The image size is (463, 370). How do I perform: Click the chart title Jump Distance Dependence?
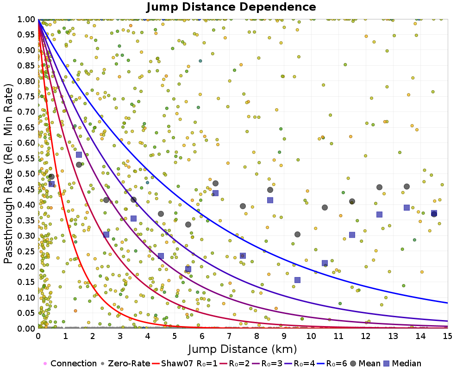[x=231, y=7]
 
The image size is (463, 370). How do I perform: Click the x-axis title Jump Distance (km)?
[x=242, y=348]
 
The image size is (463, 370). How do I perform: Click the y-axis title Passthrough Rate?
[x=9, y=173]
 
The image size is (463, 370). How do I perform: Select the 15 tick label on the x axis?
[x=447, y=335]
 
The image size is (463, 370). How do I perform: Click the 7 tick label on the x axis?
[x=229, y=335]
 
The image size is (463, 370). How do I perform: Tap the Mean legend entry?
[x=363, y=364]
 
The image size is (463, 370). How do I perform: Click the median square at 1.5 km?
[x=79, y=154]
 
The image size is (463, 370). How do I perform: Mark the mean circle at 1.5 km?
[x=79, y=165]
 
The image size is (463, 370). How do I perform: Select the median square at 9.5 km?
[x=297, y=280]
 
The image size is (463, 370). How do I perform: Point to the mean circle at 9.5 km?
[x=297, y=234]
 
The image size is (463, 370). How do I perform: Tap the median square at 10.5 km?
[x=325, y=263]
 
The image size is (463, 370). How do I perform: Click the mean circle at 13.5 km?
[x=407, y=186]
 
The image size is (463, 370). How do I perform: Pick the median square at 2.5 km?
[x=106, y=234]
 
